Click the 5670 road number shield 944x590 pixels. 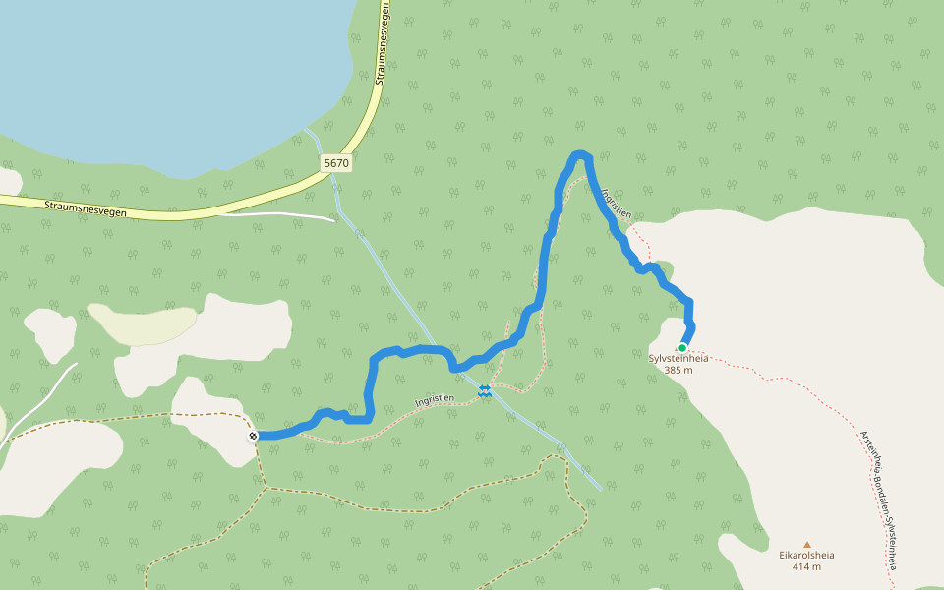pyautogui.click(x=336, y=162)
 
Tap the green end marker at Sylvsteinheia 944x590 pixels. pyautogui.click(x=681, y=347)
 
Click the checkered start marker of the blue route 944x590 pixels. pyautogui.click(x=254, y=435)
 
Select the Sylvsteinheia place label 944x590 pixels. pyautogui.click(x=678, y=359)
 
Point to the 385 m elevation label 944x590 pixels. pyautogui.click(x=678, y=371)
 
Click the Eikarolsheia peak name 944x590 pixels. pyautogui.click(x=806, y=555)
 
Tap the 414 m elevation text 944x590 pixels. pyautogui.click(x=806, y=567)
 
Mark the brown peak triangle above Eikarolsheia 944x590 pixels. pyautogui.click(x=807, y=544)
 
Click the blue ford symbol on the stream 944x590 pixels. pyautogui.click(x=484, y=391)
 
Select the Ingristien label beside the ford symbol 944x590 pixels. pyautogui.click(x=435, y=399)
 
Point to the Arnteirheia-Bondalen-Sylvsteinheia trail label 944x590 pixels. pyautogui.click(x=878, y=499)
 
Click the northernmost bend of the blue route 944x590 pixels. pyautogui.click(x=580, y=153)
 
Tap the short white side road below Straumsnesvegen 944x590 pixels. pyautogui.click(x=285, y=214)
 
